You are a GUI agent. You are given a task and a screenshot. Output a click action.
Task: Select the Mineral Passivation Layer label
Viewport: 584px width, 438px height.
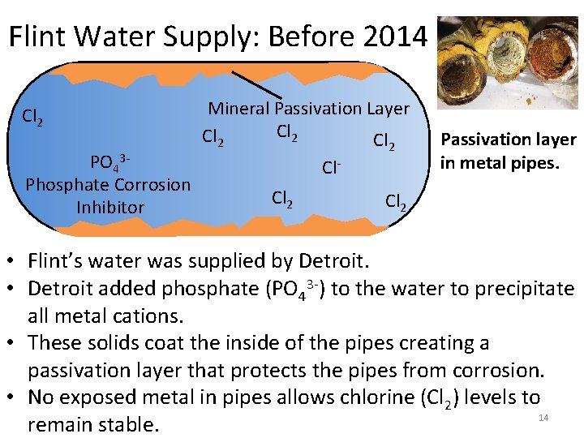[308, 109]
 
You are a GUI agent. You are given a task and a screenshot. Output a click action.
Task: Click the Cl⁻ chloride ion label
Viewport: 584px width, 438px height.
[330, 168]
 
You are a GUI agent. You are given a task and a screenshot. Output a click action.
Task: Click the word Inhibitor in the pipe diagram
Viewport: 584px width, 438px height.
[110, 207]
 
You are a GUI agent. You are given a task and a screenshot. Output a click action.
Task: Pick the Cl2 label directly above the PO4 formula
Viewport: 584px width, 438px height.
[33, 118]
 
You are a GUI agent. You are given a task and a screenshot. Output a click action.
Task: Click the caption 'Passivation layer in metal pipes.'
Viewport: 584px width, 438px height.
[508, 151]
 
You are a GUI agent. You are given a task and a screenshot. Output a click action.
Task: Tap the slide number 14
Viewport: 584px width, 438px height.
[544, 416]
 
